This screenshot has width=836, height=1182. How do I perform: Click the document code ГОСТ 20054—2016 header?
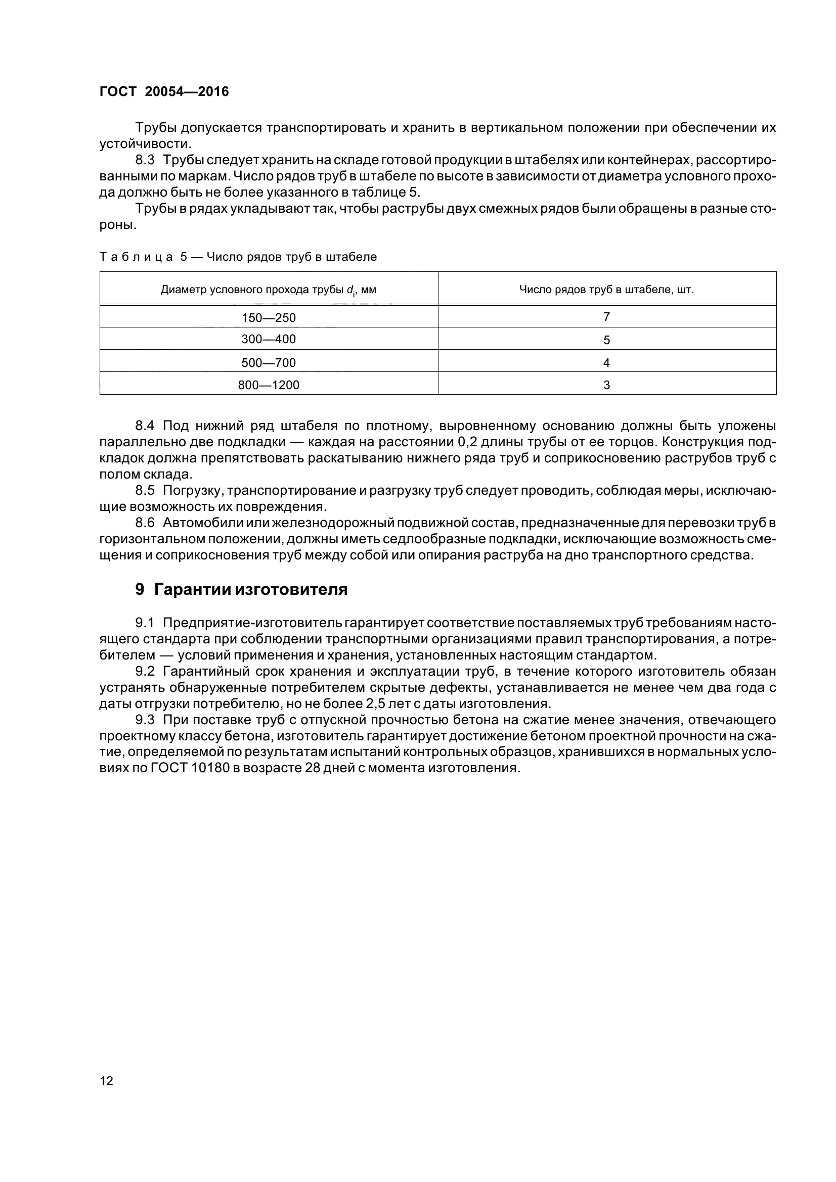(164, 91)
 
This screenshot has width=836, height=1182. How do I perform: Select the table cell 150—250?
(269, 318)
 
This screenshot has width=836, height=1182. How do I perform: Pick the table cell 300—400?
(269, 339)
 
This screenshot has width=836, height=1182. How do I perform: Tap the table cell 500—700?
(269, 363)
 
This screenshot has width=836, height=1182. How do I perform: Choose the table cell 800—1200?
(269, 385)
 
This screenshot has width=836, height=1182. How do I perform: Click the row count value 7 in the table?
(606, 317)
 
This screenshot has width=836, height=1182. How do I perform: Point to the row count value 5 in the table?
(606, 340)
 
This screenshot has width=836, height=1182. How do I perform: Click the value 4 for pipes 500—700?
(606, 363)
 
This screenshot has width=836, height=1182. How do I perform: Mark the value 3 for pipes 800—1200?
(606, 385)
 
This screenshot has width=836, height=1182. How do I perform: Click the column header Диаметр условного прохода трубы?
(269, 290)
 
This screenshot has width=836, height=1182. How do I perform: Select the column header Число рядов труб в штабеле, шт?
(606, 290)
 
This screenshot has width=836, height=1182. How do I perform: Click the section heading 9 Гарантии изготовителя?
(241, 589)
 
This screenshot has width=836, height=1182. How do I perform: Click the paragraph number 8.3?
(145, 160)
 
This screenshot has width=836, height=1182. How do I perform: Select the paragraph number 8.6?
(145, 523)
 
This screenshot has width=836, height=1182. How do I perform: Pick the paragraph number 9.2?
(145, 671)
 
